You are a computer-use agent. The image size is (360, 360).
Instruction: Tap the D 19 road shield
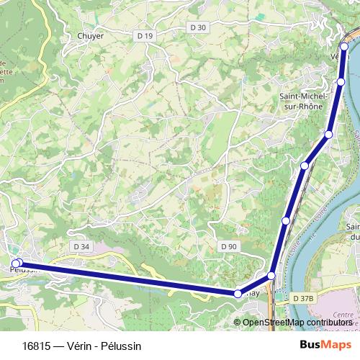coord(145,36)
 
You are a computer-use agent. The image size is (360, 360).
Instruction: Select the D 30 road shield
coord(198,27)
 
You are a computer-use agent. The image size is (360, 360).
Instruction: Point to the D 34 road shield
coord(81,246)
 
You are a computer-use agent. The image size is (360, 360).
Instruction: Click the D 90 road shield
coord(228,246)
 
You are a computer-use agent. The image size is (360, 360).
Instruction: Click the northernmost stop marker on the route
coord(344,47)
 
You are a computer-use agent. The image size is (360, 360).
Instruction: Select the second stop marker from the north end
coord(341,81)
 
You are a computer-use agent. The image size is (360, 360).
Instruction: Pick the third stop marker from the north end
coord(329,134)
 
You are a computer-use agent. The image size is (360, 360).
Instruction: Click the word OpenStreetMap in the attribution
coord(274,323)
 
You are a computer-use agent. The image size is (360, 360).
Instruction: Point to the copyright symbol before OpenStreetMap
coord(238,323)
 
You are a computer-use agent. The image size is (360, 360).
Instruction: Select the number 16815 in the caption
coord(36,346)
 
